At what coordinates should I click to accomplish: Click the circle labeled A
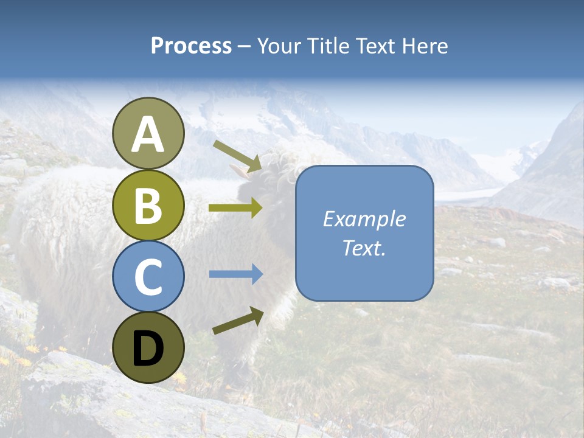coord(148,133)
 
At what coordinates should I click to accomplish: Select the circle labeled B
coord(148,205)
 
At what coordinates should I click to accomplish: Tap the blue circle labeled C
coord(148,276)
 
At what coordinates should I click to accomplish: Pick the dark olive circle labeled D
coord(148,347)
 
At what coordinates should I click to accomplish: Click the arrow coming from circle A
coord(237,156)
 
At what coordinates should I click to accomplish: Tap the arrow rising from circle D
coord(238,321)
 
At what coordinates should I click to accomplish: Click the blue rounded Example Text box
coord(364,233)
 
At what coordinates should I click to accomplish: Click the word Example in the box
coord(364,219)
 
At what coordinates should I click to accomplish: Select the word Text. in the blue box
coord(364,248)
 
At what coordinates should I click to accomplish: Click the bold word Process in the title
coord(191,46)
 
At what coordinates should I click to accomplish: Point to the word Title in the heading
coord(327,46)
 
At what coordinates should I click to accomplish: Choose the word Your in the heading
coord(277,46)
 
